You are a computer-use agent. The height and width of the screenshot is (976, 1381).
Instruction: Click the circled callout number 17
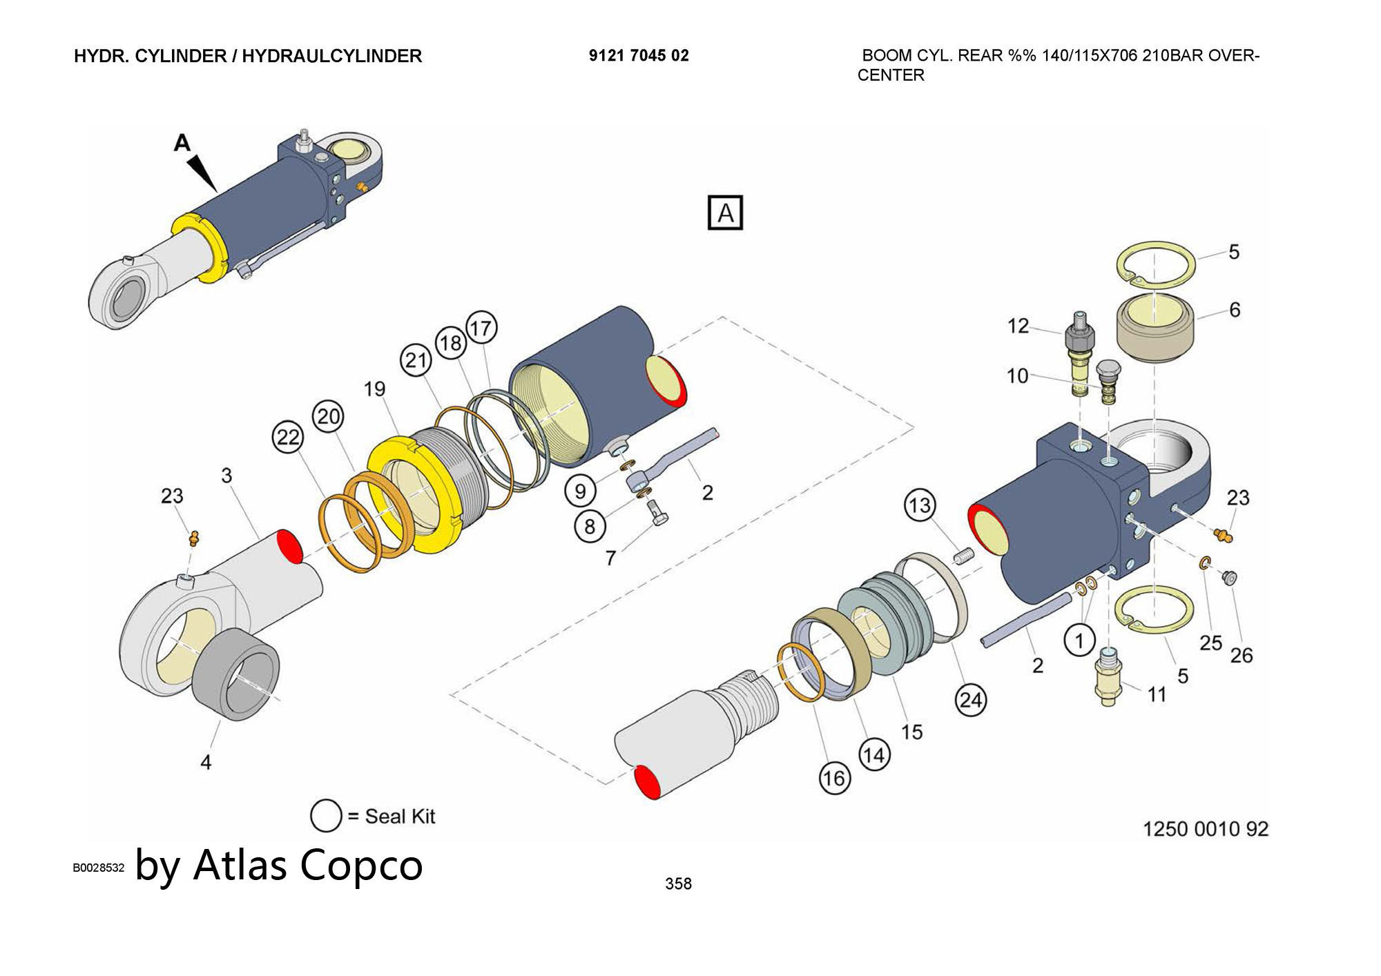(x=481, y=328)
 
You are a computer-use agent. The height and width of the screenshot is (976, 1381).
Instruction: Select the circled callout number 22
(x=288, y=437)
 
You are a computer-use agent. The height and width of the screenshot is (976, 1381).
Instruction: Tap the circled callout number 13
(x=920, y=505)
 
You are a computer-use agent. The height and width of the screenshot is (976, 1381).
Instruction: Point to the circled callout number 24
(x=970, y=701)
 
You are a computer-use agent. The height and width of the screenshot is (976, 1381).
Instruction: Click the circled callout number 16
(x=833, y=779)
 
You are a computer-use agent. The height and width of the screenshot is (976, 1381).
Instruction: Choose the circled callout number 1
(x=1079, y=641)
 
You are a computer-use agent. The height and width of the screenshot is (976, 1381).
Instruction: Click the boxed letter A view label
(x=725, y=213)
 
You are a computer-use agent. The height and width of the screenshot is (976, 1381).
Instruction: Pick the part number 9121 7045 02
(x=639, y=56)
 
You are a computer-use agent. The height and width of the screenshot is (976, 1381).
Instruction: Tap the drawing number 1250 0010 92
(x=1206, y=828)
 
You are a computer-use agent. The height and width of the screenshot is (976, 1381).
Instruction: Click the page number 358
(x=678, y=884)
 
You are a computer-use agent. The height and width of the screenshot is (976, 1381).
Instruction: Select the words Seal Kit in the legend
(x=400, y=817)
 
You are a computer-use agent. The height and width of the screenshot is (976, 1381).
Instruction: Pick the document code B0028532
(x=99, y=868)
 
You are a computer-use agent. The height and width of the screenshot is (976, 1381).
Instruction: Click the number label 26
(x=1241, y=655)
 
